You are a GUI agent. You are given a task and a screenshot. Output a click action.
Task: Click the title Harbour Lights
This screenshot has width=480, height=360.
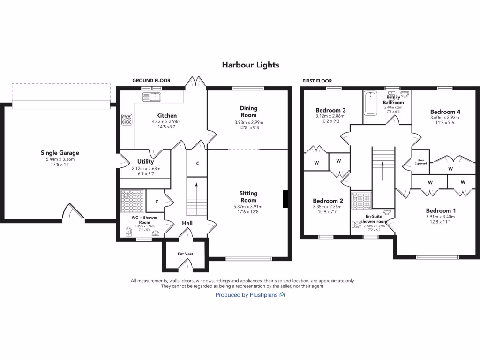[x=250, y=65]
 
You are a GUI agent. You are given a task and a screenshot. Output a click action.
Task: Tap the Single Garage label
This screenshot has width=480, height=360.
[x=60, y=153]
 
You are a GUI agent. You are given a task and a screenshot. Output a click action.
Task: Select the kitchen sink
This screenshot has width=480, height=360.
[x=152, y=97]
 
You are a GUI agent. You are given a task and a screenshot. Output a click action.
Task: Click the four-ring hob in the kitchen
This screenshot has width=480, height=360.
[x=127, y=120]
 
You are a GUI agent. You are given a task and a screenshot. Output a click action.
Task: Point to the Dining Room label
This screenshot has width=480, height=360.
[x=248, y=112]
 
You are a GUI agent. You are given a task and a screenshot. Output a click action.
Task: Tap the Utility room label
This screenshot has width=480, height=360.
[x=146, y=162]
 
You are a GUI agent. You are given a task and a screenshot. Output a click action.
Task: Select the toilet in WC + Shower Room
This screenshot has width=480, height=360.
[x=128, y=232]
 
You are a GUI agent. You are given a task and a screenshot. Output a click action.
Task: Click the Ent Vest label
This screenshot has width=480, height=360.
[x=185, y=254]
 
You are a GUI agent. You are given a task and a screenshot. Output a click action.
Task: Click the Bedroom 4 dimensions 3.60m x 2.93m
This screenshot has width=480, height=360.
[x=445, y=118]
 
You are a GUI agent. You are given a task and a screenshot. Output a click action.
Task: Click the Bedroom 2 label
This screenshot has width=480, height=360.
[x=328, y=201]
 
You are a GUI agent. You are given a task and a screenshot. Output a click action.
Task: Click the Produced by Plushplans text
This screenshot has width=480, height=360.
[x=247, y=295]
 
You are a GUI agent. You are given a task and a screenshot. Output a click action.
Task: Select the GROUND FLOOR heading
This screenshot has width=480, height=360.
[x=151, y=81]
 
